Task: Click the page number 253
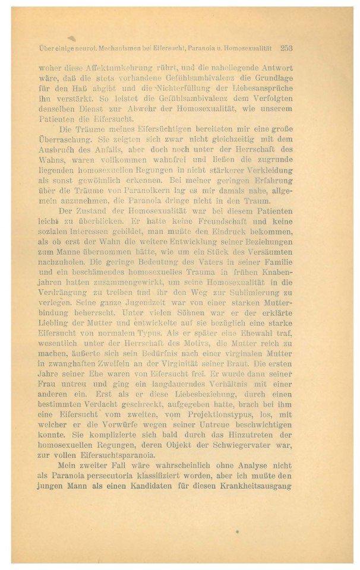(287, 47)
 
